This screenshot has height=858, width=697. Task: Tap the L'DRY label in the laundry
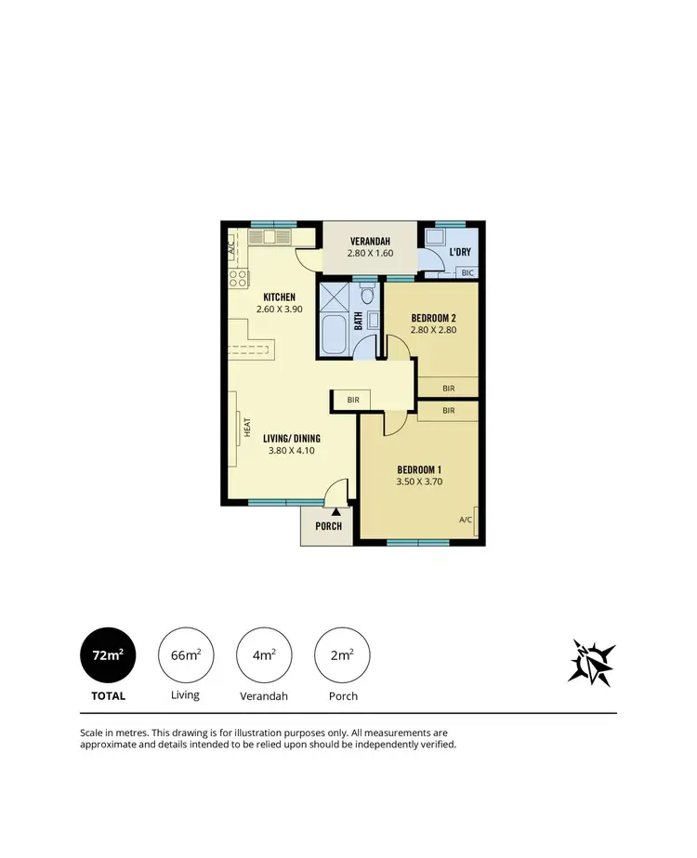pyautogui.click(x=458, y=253)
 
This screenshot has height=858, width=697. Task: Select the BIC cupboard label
pyautogui.click(x=467, y=272)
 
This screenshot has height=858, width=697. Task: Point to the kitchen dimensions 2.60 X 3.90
pyautogui.click(x=279, y=310)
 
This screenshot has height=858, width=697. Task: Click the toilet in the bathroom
pyautogui.click(x=367, y=297)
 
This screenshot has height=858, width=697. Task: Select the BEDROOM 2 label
pyautogui.click(x=433, y=317)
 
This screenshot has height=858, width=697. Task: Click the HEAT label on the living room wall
pyautogui.click(x=247, y=427)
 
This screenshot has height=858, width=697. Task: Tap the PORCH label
pyautogui.click(x=328, y=526)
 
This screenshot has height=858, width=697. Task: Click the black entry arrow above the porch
pyautogui.click(x=335, y=510)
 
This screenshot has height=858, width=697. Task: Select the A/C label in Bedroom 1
pyautogui.click(x=465, y=520)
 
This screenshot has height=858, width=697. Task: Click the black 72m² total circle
pyautogui.click(x=108, y=655)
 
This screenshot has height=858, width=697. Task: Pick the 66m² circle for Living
pyautogui.click(x=186, y=655)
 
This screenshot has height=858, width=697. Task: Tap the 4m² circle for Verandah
pyautogui.click(x=264, y=655)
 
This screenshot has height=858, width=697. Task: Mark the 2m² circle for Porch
pyautogui.click(x=342, y=655)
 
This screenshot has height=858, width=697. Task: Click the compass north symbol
pyautogui.click(x=592, y=662)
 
